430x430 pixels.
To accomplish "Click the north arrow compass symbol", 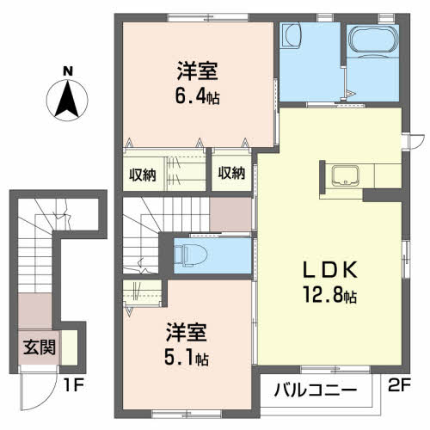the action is tap(67, 101).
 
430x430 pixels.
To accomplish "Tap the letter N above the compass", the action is tap(68, 71).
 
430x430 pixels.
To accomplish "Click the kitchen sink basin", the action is tap(345, 175).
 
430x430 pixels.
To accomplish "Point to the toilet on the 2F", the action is tap(191, 254).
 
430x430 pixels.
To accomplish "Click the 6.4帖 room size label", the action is tap(198, 97).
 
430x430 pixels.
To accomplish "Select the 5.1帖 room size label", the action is tap(187, 359).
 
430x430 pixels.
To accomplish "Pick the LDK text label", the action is tap(330, 270).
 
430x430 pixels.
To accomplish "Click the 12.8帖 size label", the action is tap(330, 295).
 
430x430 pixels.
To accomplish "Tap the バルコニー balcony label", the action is tap(316, 390).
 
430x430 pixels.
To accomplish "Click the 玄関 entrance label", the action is tap(40, 347).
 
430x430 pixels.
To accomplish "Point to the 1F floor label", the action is tap(73, 386).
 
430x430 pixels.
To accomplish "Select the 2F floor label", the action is tap(399, 385).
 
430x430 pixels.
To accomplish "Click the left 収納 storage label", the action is tap(142, 175).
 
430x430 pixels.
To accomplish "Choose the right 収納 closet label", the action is tap(231, 173).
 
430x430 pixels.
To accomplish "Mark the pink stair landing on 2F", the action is tap(230, 214).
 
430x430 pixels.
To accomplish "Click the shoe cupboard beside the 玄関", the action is tap(70, 347).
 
